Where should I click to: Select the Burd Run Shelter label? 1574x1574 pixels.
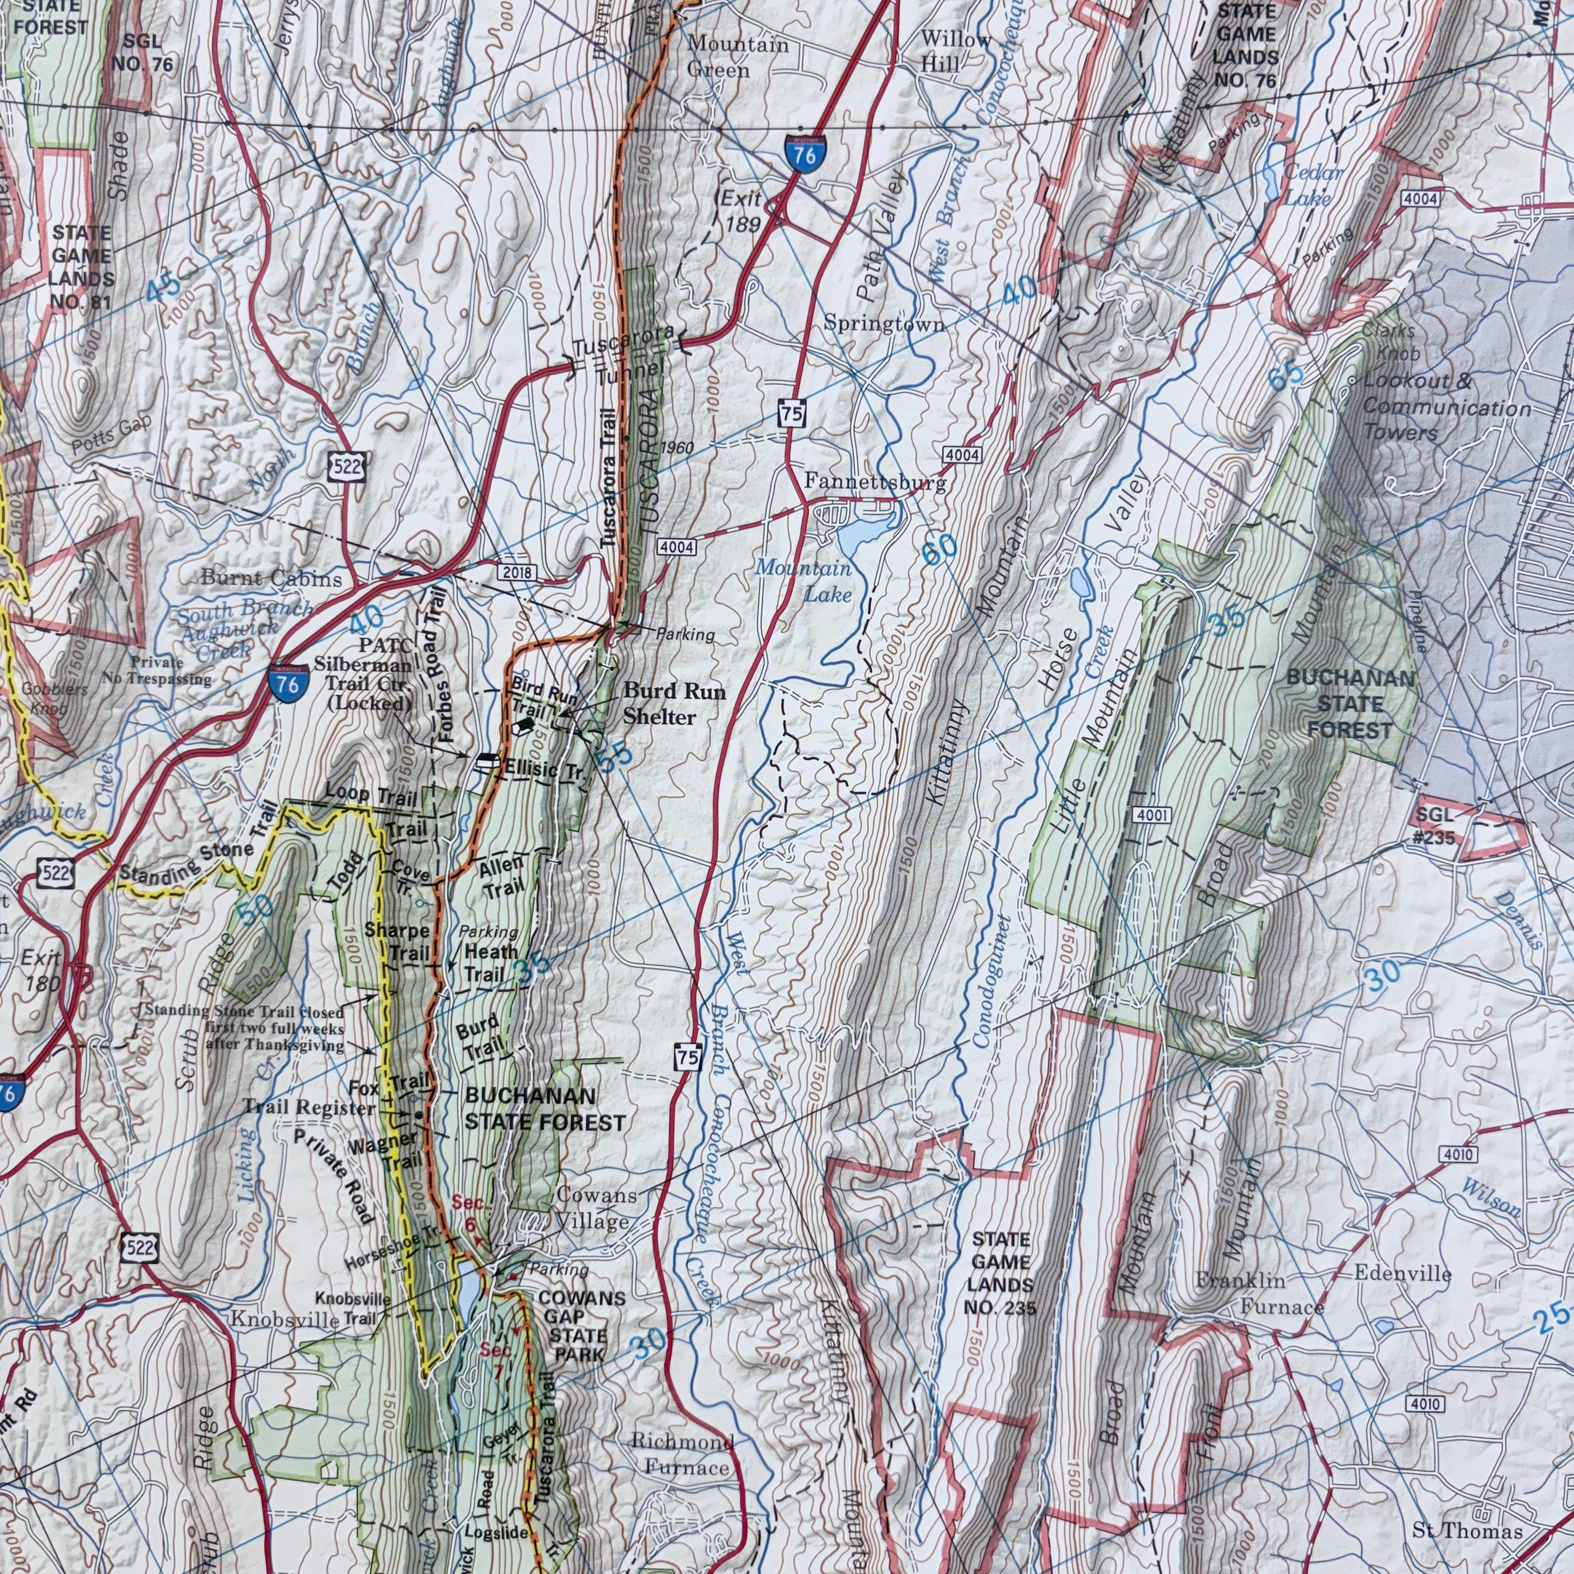coord(674,703)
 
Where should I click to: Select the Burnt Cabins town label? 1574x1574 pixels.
coord(271,579)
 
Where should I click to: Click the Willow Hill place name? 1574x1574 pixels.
coord(957,50)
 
